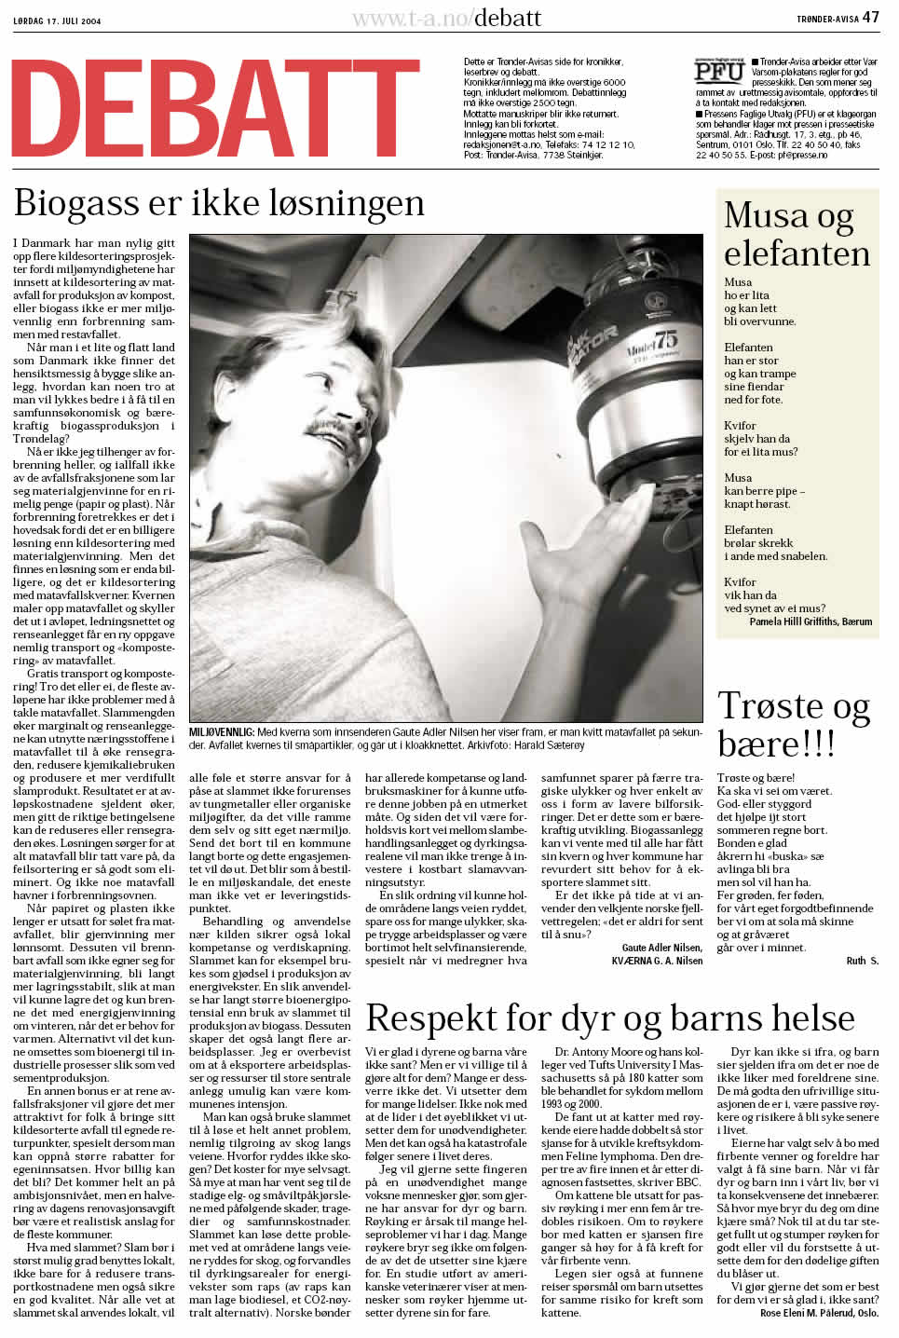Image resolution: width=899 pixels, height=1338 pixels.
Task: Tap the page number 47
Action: (x=870, y=17)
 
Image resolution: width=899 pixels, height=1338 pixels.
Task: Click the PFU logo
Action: (x=719, y=72)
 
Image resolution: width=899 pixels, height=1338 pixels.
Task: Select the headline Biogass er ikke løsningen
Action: (x=219, y=203)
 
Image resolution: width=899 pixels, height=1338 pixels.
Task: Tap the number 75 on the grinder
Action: (x=665, y=337)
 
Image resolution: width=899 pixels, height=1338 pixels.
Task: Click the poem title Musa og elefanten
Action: (x=797, y=234)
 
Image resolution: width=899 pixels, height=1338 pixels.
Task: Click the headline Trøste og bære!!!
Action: (x=793, y=724)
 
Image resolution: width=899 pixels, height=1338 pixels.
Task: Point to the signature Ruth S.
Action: (x=862, y=961)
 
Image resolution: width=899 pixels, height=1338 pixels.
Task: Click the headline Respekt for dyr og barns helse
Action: (x=610, y=1018)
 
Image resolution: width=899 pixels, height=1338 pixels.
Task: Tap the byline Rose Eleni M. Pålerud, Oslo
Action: (x=819, y=1313)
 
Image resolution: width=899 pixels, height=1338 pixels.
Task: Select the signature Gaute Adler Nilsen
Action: (x=661, y=948)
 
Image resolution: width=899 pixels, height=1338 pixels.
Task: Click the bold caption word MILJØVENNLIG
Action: (x=222, y=733)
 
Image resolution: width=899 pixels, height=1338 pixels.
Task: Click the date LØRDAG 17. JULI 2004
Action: (x=57, y=20)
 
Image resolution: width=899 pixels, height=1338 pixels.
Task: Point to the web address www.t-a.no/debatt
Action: (x=446, y=18)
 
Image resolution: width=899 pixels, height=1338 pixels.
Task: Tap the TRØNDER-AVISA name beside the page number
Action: (x=827, y=19)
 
